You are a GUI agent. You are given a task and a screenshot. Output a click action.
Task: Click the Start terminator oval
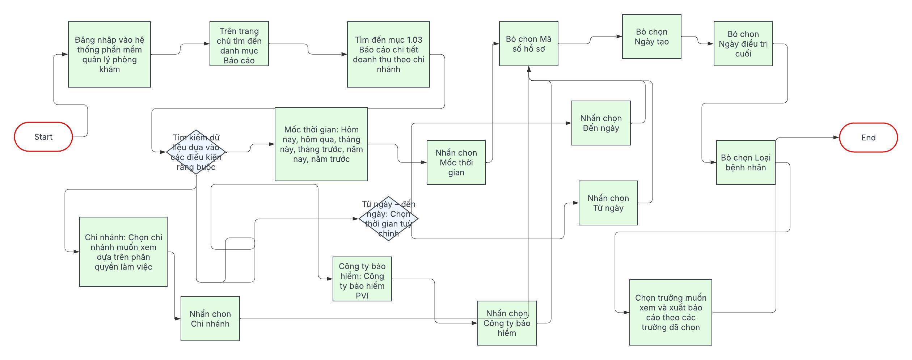coord(43,137)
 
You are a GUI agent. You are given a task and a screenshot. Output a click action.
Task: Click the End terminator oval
coord(868,137)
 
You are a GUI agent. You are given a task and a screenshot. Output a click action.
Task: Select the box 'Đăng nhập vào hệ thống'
coord(109,54)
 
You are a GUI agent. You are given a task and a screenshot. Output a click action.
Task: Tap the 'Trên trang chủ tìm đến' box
coord(239,44)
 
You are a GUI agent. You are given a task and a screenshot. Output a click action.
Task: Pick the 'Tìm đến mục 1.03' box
coord(388,54)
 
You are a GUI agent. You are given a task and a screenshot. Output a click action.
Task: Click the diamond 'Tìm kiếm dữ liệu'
coord(196,152)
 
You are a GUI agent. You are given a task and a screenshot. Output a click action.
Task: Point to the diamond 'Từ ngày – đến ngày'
coord(388,219)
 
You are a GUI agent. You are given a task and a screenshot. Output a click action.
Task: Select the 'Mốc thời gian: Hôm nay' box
coord(321,144)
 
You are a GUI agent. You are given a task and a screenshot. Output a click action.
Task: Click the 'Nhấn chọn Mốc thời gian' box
coord(456,162)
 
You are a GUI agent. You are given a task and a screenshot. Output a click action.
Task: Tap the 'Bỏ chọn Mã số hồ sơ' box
coord(528,44)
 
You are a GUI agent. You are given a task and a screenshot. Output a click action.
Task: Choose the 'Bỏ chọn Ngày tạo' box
coord(651,37)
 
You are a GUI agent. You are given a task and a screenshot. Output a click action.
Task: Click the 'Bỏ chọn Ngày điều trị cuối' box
coord(743,44)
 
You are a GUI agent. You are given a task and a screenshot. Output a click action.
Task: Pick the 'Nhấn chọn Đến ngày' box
coord(601,123)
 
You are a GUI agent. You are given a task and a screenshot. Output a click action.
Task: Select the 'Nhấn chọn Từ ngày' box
coord(608,203)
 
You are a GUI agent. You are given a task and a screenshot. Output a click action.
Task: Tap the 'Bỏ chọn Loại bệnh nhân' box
coord(746,162)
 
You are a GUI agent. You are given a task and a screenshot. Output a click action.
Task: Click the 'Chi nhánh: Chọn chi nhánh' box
coord(123,252)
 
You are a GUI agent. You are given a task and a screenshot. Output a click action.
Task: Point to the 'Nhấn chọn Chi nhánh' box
coord(210,319)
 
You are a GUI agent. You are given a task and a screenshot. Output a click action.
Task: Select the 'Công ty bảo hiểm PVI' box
coord(362,279)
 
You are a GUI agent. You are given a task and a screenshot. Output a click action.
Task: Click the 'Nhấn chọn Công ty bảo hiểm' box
coord(507,323)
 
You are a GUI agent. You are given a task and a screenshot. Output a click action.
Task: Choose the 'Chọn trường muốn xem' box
coord(671,312)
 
